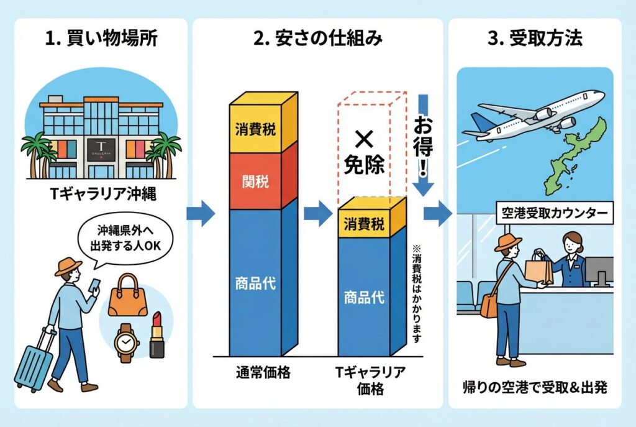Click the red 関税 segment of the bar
[x=256, y=181]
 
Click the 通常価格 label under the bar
[x=255, y=374]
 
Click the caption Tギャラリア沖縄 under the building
[x=101, y=194]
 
